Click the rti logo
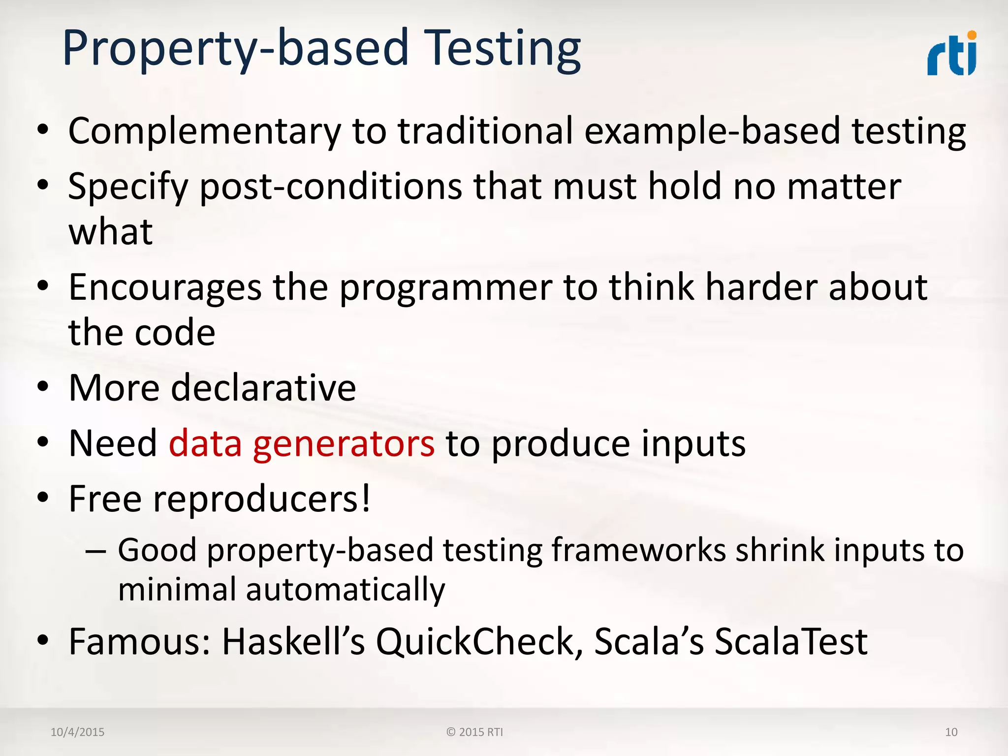(x=951, y=54)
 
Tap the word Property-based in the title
(x=235, y=48)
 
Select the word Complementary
(x=204, y=131)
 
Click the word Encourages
(x=165, y=287)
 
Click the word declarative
(x=263, y=388)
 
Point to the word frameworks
(x=638, y=550)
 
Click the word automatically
(x=346, y=590)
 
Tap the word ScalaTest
(x=791, y=642)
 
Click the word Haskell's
(x=293, y=642)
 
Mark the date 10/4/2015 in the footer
(x=77, y=732)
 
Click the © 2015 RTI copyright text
(x=474, y=732)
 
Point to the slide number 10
(x=951, y=732)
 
